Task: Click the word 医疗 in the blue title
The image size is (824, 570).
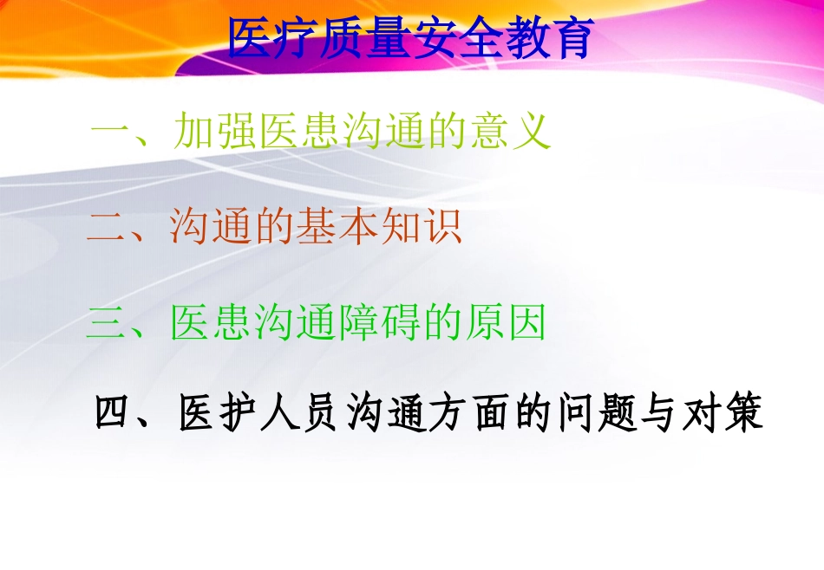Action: pyautogui.click(x=272, y=38)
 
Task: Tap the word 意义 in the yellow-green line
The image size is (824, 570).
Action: pyautogui.click(x=511, y=133)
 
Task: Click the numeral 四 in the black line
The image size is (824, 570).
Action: pyautogui.click(x=112, y=414)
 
